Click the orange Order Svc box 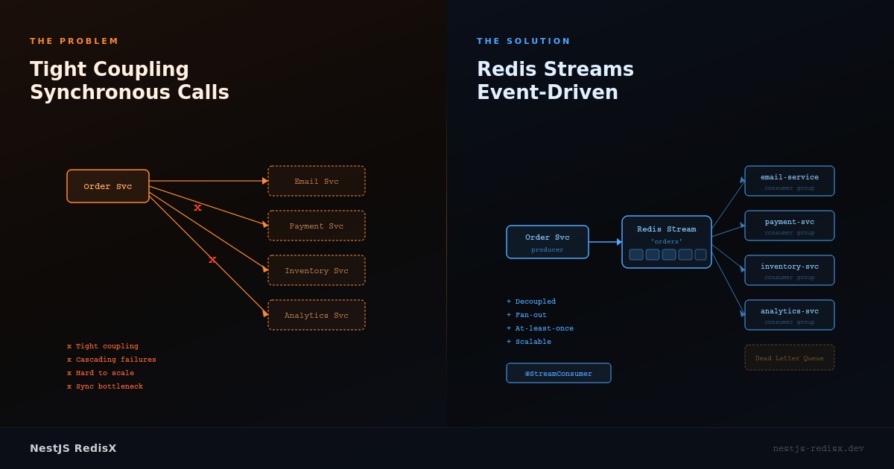click(x=108, y=186)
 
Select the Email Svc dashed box click(x=317, y=181)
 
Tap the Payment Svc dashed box click(x=317, y=226)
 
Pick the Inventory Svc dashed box click(x=317, y=270)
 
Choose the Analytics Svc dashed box click(x=317, y=315)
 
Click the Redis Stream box click(x=667, y=241)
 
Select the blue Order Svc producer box click(x=548, y=242)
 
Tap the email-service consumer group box click(x=790, y=181)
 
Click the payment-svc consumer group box click(x=790, y=226)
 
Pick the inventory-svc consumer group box click(x=790, y=270)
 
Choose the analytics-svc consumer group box click(x=790, y=315)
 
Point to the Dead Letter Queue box click(x=790, y=358)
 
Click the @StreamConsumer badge click(x=559, y=373)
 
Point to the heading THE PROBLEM click(x=74, y=42)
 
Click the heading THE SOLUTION click(x=524, y=42)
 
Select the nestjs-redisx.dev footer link click(x=818, y=448)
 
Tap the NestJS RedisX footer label click(x=73, y=448)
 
